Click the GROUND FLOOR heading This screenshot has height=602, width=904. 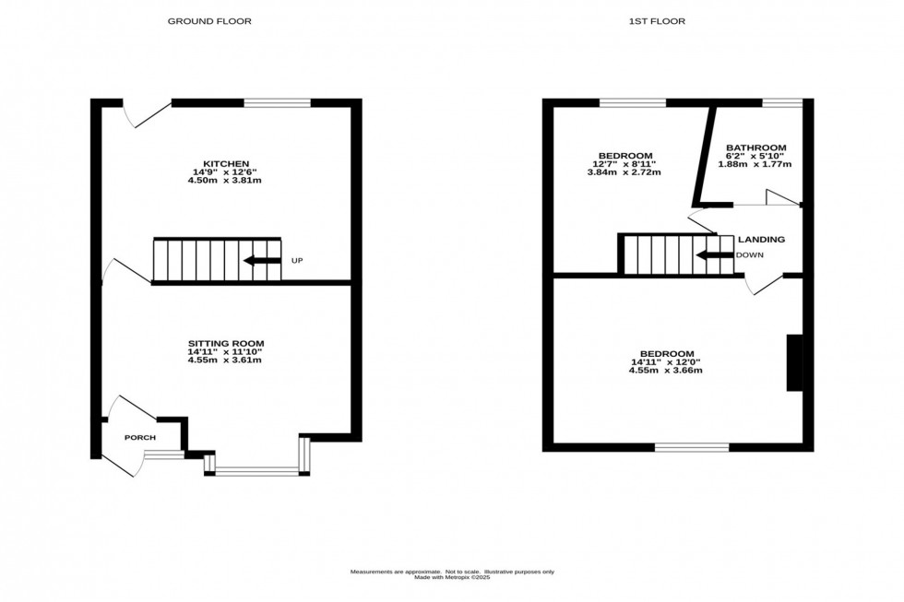[208, 21]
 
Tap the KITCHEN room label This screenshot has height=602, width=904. [227, 163]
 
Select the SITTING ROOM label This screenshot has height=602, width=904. [226, 343]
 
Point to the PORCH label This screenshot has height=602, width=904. [140, 437]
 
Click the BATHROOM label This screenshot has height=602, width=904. [755, 148]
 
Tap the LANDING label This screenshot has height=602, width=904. [761, 240]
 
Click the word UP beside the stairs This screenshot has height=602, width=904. [297, 261]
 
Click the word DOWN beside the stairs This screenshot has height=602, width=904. [749, 254]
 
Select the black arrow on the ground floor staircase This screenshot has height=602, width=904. [262, 261]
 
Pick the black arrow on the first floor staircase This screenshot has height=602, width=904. [714, 254]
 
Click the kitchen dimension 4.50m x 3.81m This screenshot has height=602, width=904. [227, 180]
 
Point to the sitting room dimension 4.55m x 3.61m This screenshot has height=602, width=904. [226, 360]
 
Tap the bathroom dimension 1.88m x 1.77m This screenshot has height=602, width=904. [755, 164]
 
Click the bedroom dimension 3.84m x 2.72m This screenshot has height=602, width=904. [625, 172]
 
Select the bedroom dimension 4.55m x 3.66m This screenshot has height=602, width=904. [666, 371]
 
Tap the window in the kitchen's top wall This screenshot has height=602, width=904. [278, 102]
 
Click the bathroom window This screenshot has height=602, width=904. [781, 102]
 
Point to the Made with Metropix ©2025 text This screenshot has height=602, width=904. [451, 578]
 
